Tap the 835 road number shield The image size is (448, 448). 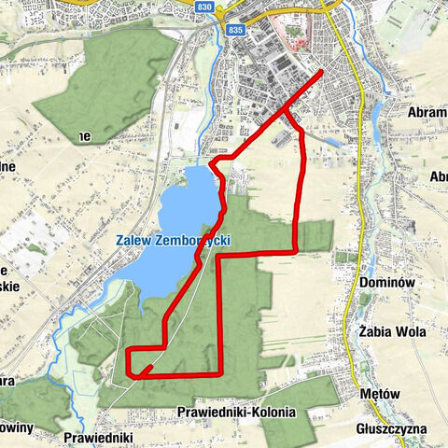click(235, 30)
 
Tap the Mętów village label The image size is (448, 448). click(380, 394)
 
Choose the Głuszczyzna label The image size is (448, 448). click(392, 428)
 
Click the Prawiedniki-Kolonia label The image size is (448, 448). click(235, 412)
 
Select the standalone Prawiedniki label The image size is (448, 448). click(101, 436)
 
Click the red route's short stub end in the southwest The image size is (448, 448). click(137, 375)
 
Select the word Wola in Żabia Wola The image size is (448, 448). click(411, 331)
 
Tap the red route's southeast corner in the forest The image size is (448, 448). click(219, 373)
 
